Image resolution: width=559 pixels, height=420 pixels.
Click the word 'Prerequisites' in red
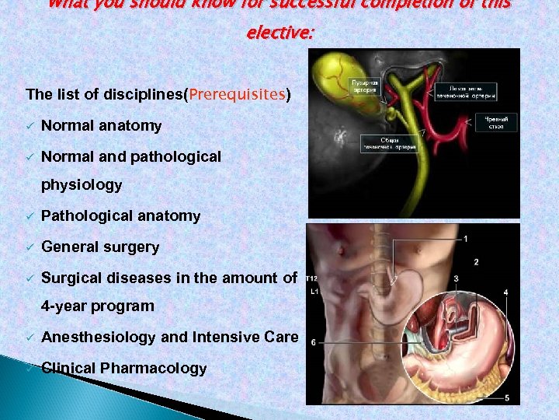coord(237,95)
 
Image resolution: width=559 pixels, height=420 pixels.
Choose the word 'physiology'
coord(82,184)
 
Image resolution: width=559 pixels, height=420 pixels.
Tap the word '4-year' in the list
coord(64,306)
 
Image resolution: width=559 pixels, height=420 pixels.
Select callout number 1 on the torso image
coord(465,238)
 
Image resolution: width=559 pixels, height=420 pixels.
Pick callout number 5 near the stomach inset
coord(507,398)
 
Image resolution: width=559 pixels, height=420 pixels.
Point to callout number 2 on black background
coord(476,262)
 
